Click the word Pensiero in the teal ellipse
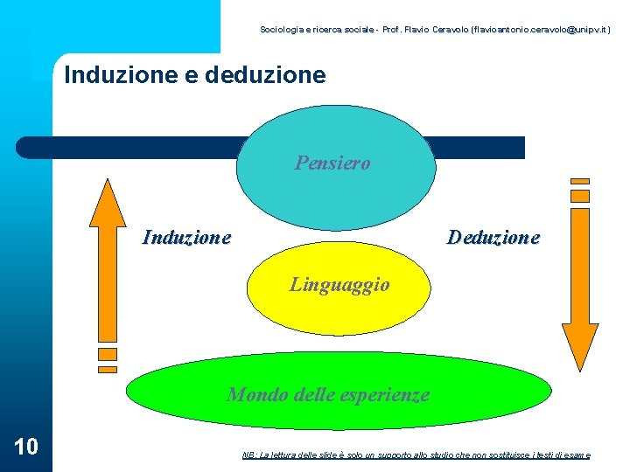pos(332,163)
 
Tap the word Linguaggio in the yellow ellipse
pos(339,285)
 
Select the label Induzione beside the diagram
pos(186,237)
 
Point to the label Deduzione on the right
pos(493,237)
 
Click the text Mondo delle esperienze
pos(328,394)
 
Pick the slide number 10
pos(26,447)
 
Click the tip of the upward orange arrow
pos(108,184)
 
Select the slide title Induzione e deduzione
pos(195,75)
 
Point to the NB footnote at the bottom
pos(416,455)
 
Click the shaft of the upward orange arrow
pos(108,280)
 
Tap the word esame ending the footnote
pos(577,455)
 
